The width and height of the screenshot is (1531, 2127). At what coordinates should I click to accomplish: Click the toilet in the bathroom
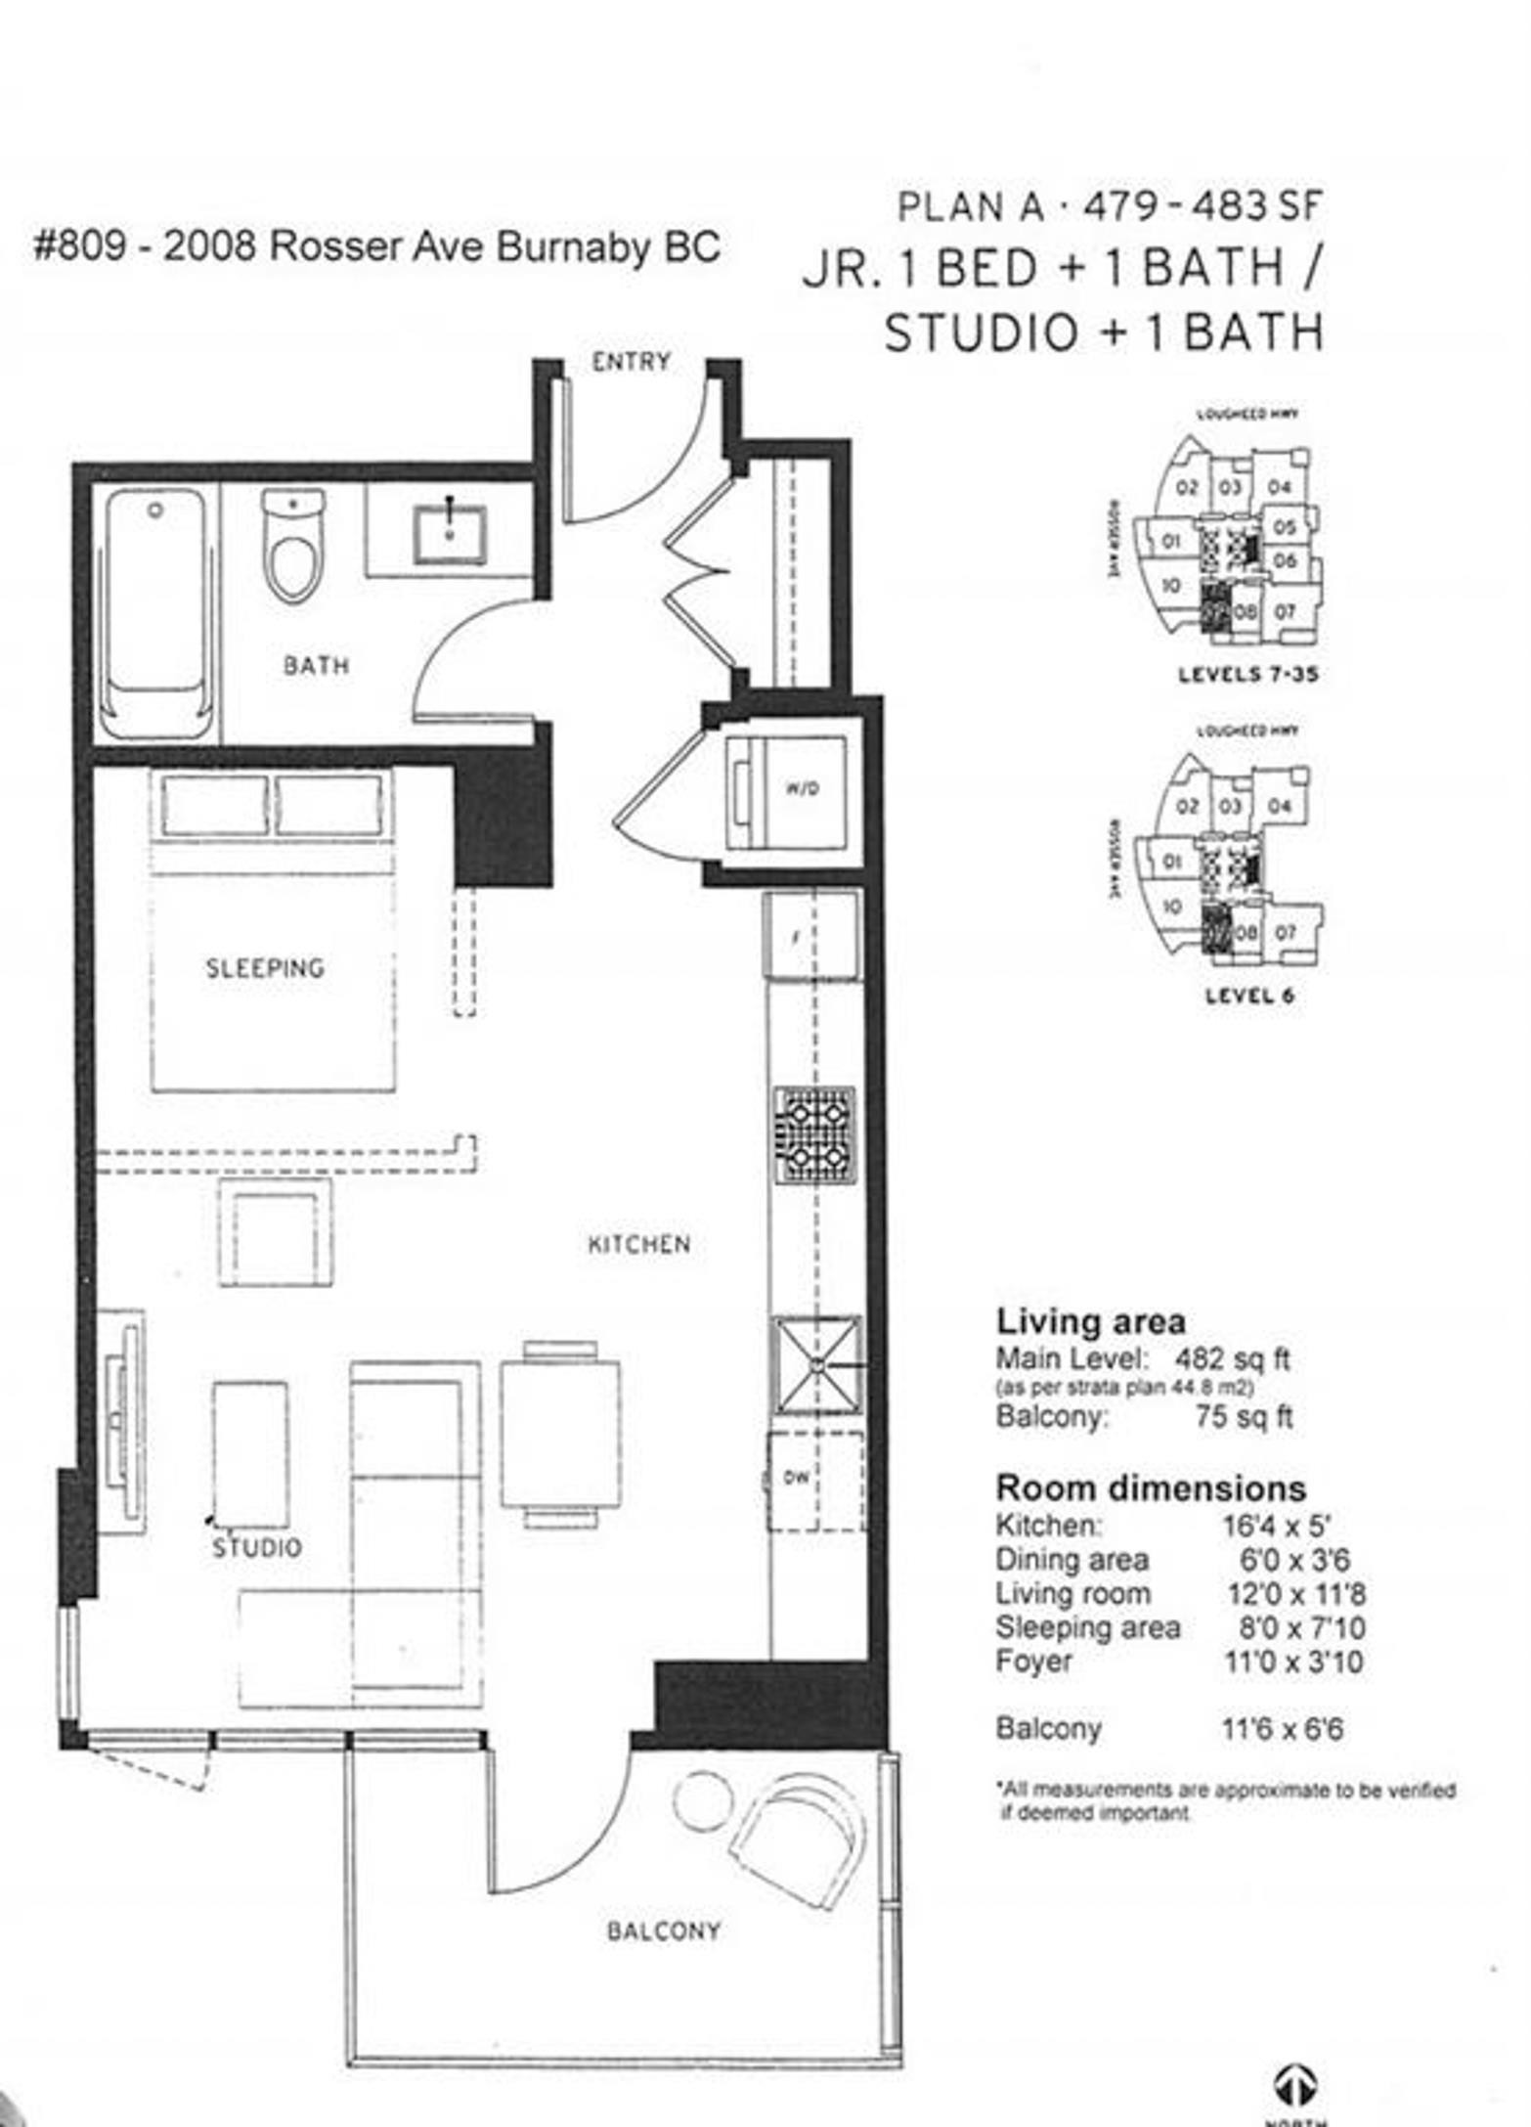pos(292,549)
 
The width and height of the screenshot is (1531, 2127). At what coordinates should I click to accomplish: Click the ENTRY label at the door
pos(631,362)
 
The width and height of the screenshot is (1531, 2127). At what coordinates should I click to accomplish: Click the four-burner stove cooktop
pos(814,1133)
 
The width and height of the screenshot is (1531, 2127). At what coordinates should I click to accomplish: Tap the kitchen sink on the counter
pos(817,1365)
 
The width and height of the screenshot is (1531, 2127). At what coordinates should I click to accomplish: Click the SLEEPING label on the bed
pos(264,968)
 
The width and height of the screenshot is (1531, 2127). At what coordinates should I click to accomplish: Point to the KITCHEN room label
pos(638,1244)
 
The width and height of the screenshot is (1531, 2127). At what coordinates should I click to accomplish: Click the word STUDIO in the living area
pos(257,1548)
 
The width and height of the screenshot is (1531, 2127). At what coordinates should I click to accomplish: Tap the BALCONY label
pos(663,1931)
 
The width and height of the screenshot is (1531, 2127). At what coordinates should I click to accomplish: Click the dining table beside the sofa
pos(560,1434)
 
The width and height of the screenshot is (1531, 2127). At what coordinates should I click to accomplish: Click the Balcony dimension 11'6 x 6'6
pos(1281,1729)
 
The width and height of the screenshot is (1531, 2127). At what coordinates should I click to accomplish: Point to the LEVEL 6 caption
pos(1248,996)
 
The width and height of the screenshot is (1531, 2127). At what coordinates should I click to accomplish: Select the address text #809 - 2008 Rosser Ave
pos(376,246)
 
